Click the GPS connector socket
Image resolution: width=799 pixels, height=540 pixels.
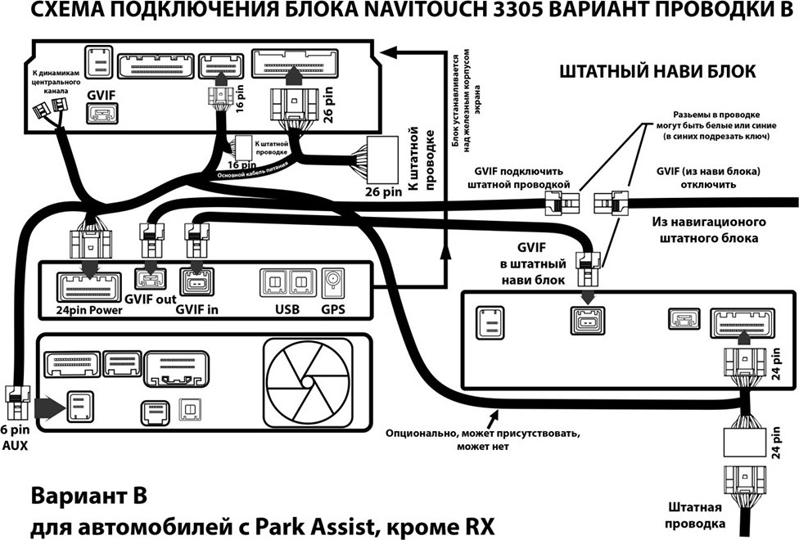[x=334, y=283]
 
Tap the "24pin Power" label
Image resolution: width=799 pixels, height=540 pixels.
[x=89, y=310]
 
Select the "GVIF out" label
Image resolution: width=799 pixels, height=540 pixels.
[x=151, y=299]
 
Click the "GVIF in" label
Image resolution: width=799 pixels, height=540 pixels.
[x=196, y=309]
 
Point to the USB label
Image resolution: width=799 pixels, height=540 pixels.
[x=287, y=309]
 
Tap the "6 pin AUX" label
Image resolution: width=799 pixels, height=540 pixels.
[x=16, y=438]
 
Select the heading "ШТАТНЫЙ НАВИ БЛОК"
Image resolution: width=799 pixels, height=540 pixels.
[x=658, y=71]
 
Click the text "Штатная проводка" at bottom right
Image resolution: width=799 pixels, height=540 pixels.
[x=695, y=515]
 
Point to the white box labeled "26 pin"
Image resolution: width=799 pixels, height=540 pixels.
[x=382, y=160]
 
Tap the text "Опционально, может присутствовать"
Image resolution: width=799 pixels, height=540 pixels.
[x=482, y=434]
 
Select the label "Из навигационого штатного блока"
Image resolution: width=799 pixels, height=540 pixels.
[x=709, y=230]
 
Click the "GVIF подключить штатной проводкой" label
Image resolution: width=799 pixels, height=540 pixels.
[x=519, y=178]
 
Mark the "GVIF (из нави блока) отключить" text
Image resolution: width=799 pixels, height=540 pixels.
[x=708, y=178]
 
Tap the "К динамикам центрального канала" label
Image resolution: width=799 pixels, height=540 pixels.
[x=56, y=82]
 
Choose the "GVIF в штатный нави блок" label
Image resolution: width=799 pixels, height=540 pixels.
[x=533, y=264]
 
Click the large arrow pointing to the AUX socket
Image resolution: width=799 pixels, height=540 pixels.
[x=51, y=407]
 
